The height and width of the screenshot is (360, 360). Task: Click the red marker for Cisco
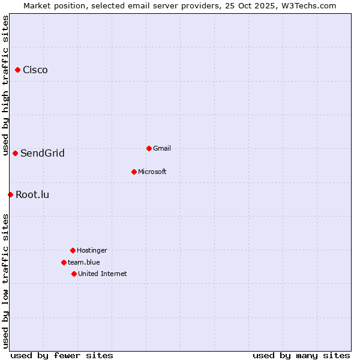point(17,70)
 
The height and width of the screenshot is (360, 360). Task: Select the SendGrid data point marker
point(15,153)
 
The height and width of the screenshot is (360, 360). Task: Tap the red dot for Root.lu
point(10,194)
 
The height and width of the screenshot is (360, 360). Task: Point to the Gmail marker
point(149,148)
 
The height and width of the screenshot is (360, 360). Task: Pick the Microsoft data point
point(134,172)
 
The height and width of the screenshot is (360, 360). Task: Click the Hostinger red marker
point(73,250)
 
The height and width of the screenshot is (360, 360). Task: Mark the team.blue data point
point(64,262)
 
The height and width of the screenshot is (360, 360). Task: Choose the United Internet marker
point(74,274)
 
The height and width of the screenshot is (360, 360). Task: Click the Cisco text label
point(35,70)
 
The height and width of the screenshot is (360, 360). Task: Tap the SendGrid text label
point(43,153)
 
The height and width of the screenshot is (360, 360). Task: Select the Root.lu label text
point(32,194)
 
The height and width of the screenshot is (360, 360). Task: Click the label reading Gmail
point(162,148)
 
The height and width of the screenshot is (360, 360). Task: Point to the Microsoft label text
point(152,172)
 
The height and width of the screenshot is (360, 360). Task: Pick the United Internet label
point(103,274)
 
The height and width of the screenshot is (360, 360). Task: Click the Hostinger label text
point(92,250)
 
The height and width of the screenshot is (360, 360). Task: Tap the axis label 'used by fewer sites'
point(62,355)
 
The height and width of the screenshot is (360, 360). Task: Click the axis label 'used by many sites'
point(301,355)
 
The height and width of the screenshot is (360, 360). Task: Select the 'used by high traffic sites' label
point(5,85)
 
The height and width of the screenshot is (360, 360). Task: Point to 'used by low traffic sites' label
point(5,280)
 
